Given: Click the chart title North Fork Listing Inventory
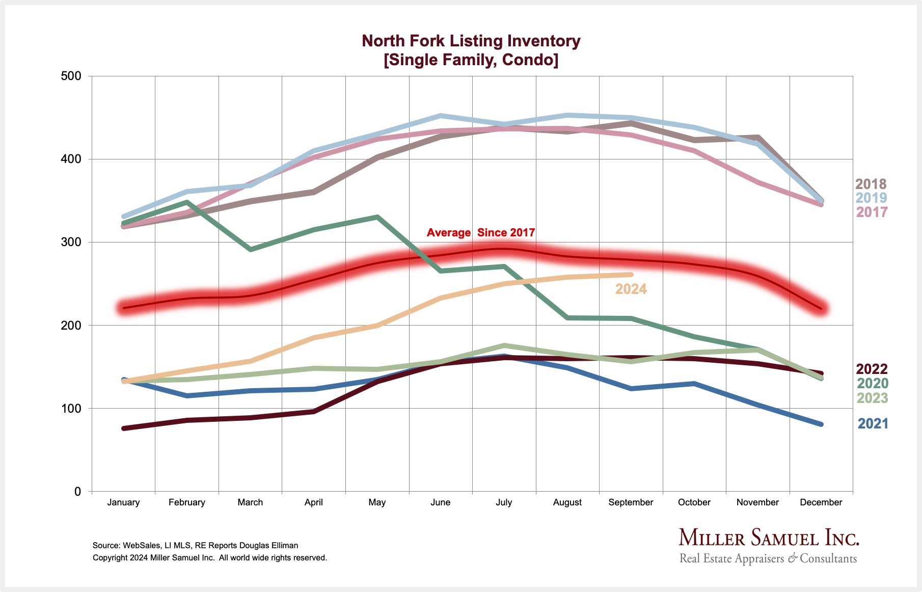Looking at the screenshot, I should (x=471, y=41).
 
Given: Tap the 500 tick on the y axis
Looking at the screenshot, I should (x=71, y=76).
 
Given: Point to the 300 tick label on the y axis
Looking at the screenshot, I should (x=71, y=242).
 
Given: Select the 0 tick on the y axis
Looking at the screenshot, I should (x=77, y=492).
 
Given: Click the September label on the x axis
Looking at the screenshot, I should (x=631, y=502).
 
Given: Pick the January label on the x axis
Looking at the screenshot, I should (x=123, y=502).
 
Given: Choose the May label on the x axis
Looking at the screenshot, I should (x=377, y=502).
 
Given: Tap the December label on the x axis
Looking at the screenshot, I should (x=821, y=502).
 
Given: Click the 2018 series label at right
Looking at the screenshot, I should (x=871, y=184).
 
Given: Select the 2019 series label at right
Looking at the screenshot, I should (x=871, y=198).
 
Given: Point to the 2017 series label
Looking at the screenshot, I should (x=872, y=212).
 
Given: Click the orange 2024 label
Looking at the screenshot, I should (x=631, y=289).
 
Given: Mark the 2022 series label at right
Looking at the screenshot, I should (x=872, y=369).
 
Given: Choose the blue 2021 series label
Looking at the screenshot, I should (x=873, y=423).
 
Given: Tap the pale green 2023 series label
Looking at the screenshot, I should (x=872, y=398).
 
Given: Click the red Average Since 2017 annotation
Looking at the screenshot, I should (x=481, y=233).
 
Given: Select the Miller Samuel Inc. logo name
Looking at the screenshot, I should (x=769, y=539).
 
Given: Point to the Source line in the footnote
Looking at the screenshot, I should (x=195, y=545).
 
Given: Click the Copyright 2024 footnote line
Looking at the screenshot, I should (x=209, y=558).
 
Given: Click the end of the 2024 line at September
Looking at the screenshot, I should (x=631, y=275).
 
